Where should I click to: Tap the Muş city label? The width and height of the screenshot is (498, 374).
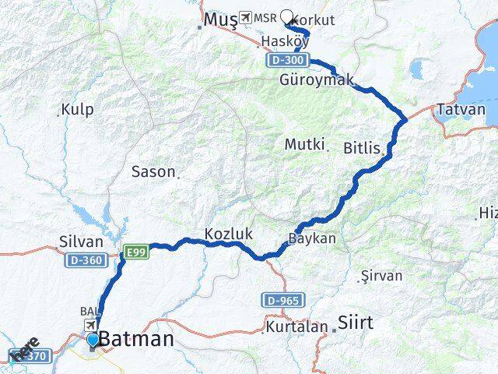click(219, 19)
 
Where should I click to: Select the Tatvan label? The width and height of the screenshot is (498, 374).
click(461, 109)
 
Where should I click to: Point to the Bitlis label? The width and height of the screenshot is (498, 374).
click(363, 147)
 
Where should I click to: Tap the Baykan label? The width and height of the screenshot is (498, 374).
click(312, 238)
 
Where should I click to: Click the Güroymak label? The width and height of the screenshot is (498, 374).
click(317, 80)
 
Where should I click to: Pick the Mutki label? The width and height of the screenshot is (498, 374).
click(303, 144)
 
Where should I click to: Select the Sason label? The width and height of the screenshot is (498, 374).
click(153, 171)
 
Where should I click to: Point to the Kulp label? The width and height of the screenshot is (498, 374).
click(79, 109)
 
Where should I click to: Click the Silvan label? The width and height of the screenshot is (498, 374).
click(81, 242)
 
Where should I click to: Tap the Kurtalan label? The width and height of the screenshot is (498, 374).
click(296, 326)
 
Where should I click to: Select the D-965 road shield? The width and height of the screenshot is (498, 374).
click(280, 300)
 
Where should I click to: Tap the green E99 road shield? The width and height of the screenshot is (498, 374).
click(135, 251)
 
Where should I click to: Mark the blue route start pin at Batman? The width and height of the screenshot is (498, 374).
click(93, 339)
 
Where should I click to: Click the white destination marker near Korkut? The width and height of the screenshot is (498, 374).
click(289, 16)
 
